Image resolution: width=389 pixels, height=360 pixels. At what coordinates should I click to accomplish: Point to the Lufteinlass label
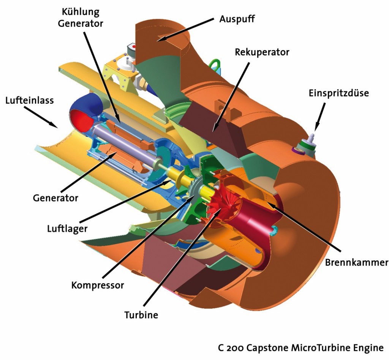click(30, 101)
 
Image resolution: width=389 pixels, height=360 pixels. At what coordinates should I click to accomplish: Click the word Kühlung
click(81, 12)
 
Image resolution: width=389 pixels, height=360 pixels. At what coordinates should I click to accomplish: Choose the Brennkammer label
click(357, 263)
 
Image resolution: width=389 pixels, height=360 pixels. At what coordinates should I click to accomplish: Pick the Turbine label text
click(141, 315)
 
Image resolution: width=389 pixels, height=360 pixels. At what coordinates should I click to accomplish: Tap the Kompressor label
click(98, 284)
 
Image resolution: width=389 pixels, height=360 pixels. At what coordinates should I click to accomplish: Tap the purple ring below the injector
click(298, 152)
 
